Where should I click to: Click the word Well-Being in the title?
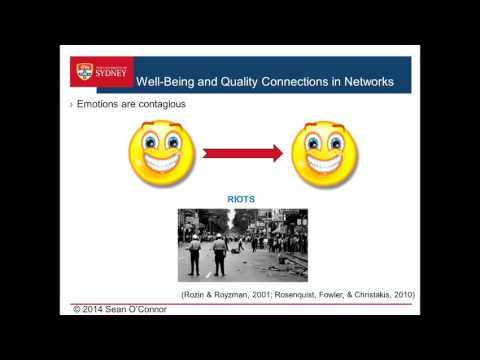tap(167, 81)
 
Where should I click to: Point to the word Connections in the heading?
tap(290, 81)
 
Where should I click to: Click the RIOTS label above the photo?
tap(241, 199)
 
